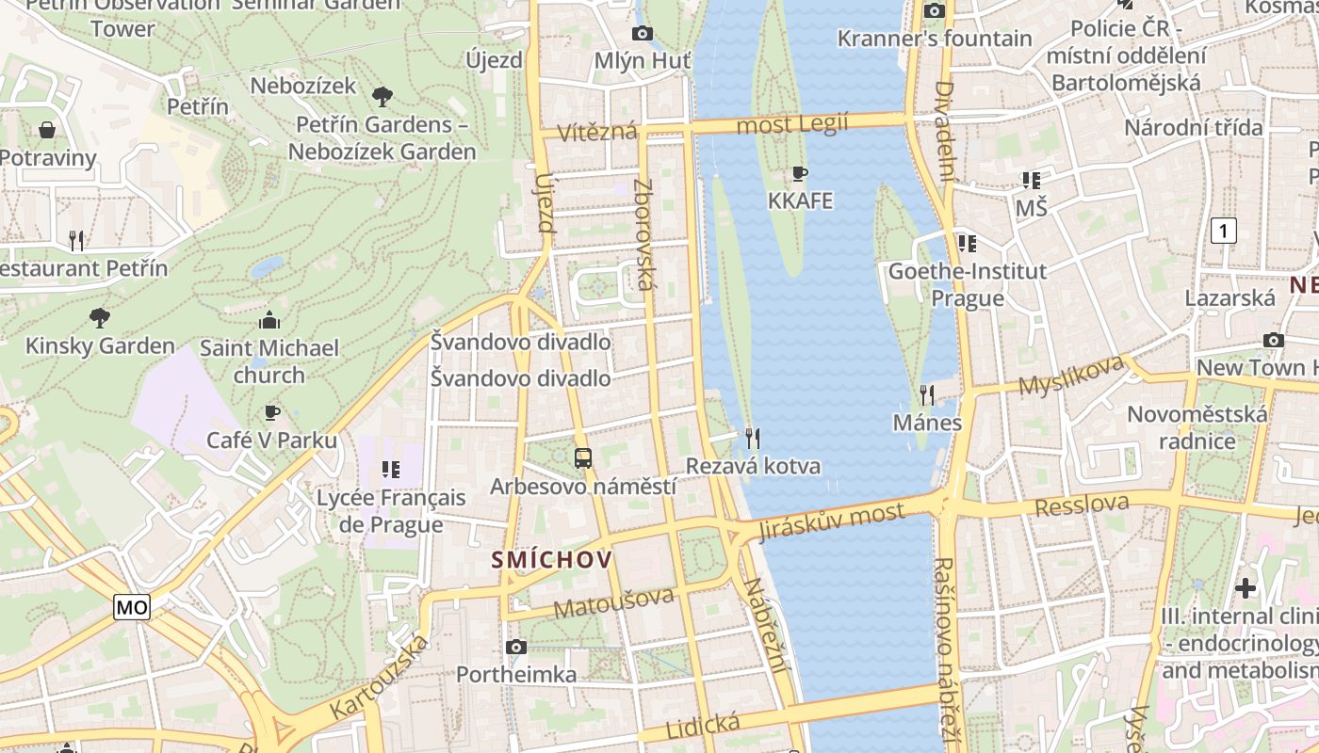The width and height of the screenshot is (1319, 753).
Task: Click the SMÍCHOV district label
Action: tap(552, 560)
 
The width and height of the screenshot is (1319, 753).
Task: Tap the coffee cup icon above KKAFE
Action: tap(800, 173)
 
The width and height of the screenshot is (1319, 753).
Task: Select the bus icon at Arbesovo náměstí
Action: tap(583, 458)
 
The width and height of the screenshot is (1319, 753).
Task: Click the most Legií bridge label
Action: tap(792, 123)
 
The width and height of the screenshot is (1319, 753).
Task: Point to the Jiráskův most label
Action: tap(832, 521)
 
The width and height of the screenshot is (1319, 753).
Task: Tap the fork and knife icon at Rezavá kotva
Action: tap(752, 438)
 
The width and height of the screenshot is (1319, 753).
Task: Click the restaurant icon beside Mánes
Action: tap(927, 394)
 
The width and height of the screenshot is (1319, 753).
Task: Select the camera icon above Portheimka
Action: tap(516, 647)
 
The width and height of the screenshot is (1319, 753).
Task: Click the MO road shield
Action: tap(132, 607)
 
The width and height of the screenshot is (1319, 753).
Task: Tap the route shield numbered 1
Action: tap(1223, 231)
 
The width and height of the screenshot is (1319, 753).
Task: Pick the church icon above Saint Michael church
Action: tap(269, 320)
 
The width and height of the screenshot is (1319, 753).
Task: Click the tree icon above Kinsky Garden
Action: tap(100, 317)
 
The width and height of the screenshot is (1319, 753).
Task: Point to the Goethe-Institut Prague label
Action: tap(968, 285)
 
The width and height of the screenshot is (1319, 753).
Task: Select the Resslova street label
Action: tap(1082, 505)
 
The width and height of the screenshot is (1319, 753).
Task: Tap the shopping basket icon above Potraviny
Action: tap(47, 129)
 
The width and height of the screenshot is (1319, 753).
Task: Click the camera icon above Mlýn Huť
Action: tap(643, 33)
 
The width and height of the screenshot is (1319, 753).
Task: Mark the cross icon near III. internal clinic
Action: tap(1246, 588)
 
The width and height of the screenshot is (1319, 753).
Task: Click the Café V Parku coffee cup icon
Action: tap(271, 411)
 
